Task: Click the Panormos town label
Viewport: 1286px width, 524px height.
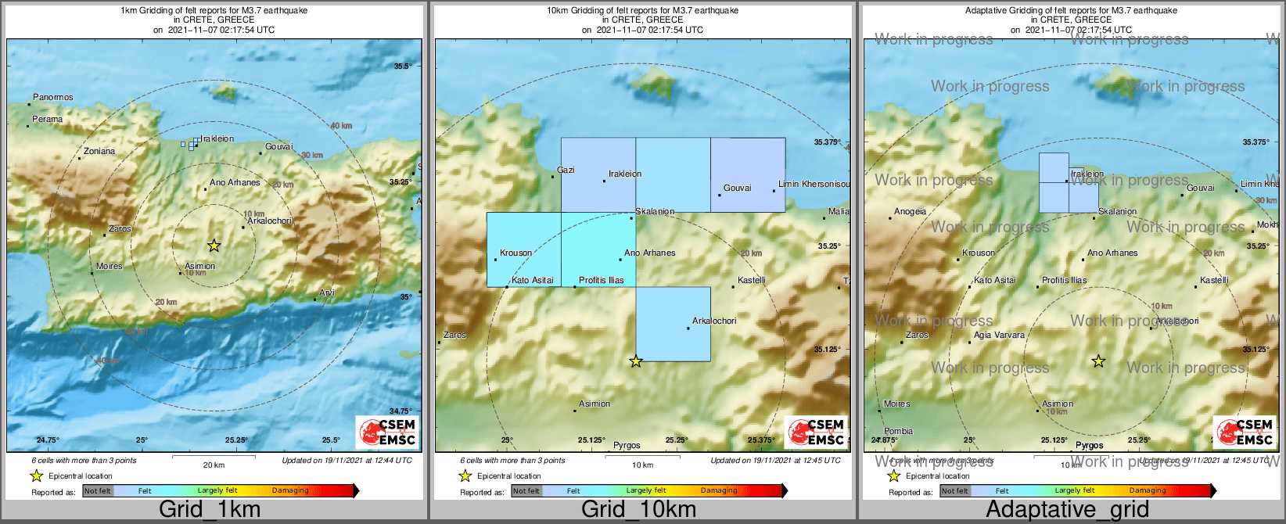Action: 53,98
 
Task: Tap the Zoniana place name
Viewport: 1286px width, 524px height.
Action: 99,152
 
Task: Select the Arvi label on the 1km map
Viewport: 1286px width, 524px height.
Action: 327,293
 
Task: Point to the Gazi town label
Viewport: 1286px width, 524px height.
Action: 566,170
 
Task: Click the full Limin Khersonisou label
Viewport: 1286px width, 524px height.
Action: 814,185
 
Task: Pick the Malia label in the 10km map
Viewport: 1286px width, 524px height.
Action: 839,212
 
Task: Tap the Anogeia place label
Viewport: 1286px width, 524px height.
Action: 910,212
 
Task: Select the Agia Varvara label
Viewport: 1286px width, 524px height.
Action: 999,336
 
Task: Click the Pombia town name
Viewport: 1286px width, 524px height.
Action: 898,432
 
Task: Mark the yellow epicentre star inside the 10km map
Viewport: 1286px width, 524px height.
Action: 636,361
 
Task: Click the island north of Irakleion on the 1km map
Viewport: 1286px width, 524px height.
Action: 225,92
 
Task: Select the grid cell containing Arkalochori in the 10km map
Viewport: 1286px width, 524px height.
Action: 673,324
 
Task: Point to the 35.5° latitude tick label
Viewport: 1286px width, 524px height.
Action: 402,67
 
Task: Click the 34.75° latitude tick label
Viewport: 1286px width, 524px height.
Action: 400,411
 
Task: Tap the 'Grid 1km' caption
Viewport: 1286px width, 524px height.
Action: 210,510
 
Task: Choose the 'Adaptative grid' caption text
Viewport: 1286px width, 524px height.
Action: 1067,510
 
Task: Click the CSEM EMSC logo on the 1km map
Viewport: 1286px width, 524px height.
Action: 387,432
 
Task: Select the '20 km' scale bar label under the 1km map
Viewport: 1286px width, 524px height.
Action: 214,465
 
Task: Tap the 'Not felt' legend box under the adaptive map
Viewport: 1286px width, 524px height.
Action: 954,491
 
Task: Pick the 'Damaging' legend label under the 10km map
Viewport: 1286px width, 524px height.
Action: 719,491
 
